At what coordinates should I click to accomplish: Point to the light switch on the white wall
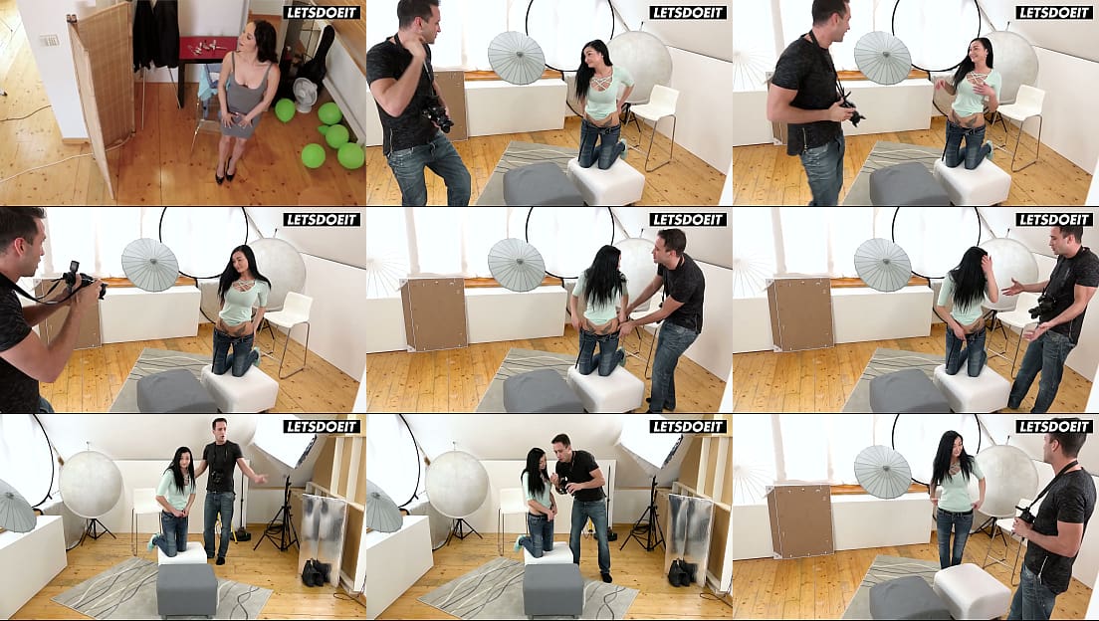[x=49, y=40]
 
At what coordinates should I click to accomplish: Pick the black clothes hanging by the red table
[x=155, y=34]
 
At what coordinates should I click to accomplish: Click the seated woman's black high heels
[x=224, y=172]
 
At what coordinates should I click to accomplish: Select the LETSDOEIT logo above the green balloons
[x=322, y=12]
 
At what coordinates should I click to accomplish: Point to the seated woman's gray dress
[x=243, y=99]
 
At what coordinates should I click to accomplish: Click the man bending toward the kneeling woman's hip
[x=667, y=315]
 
